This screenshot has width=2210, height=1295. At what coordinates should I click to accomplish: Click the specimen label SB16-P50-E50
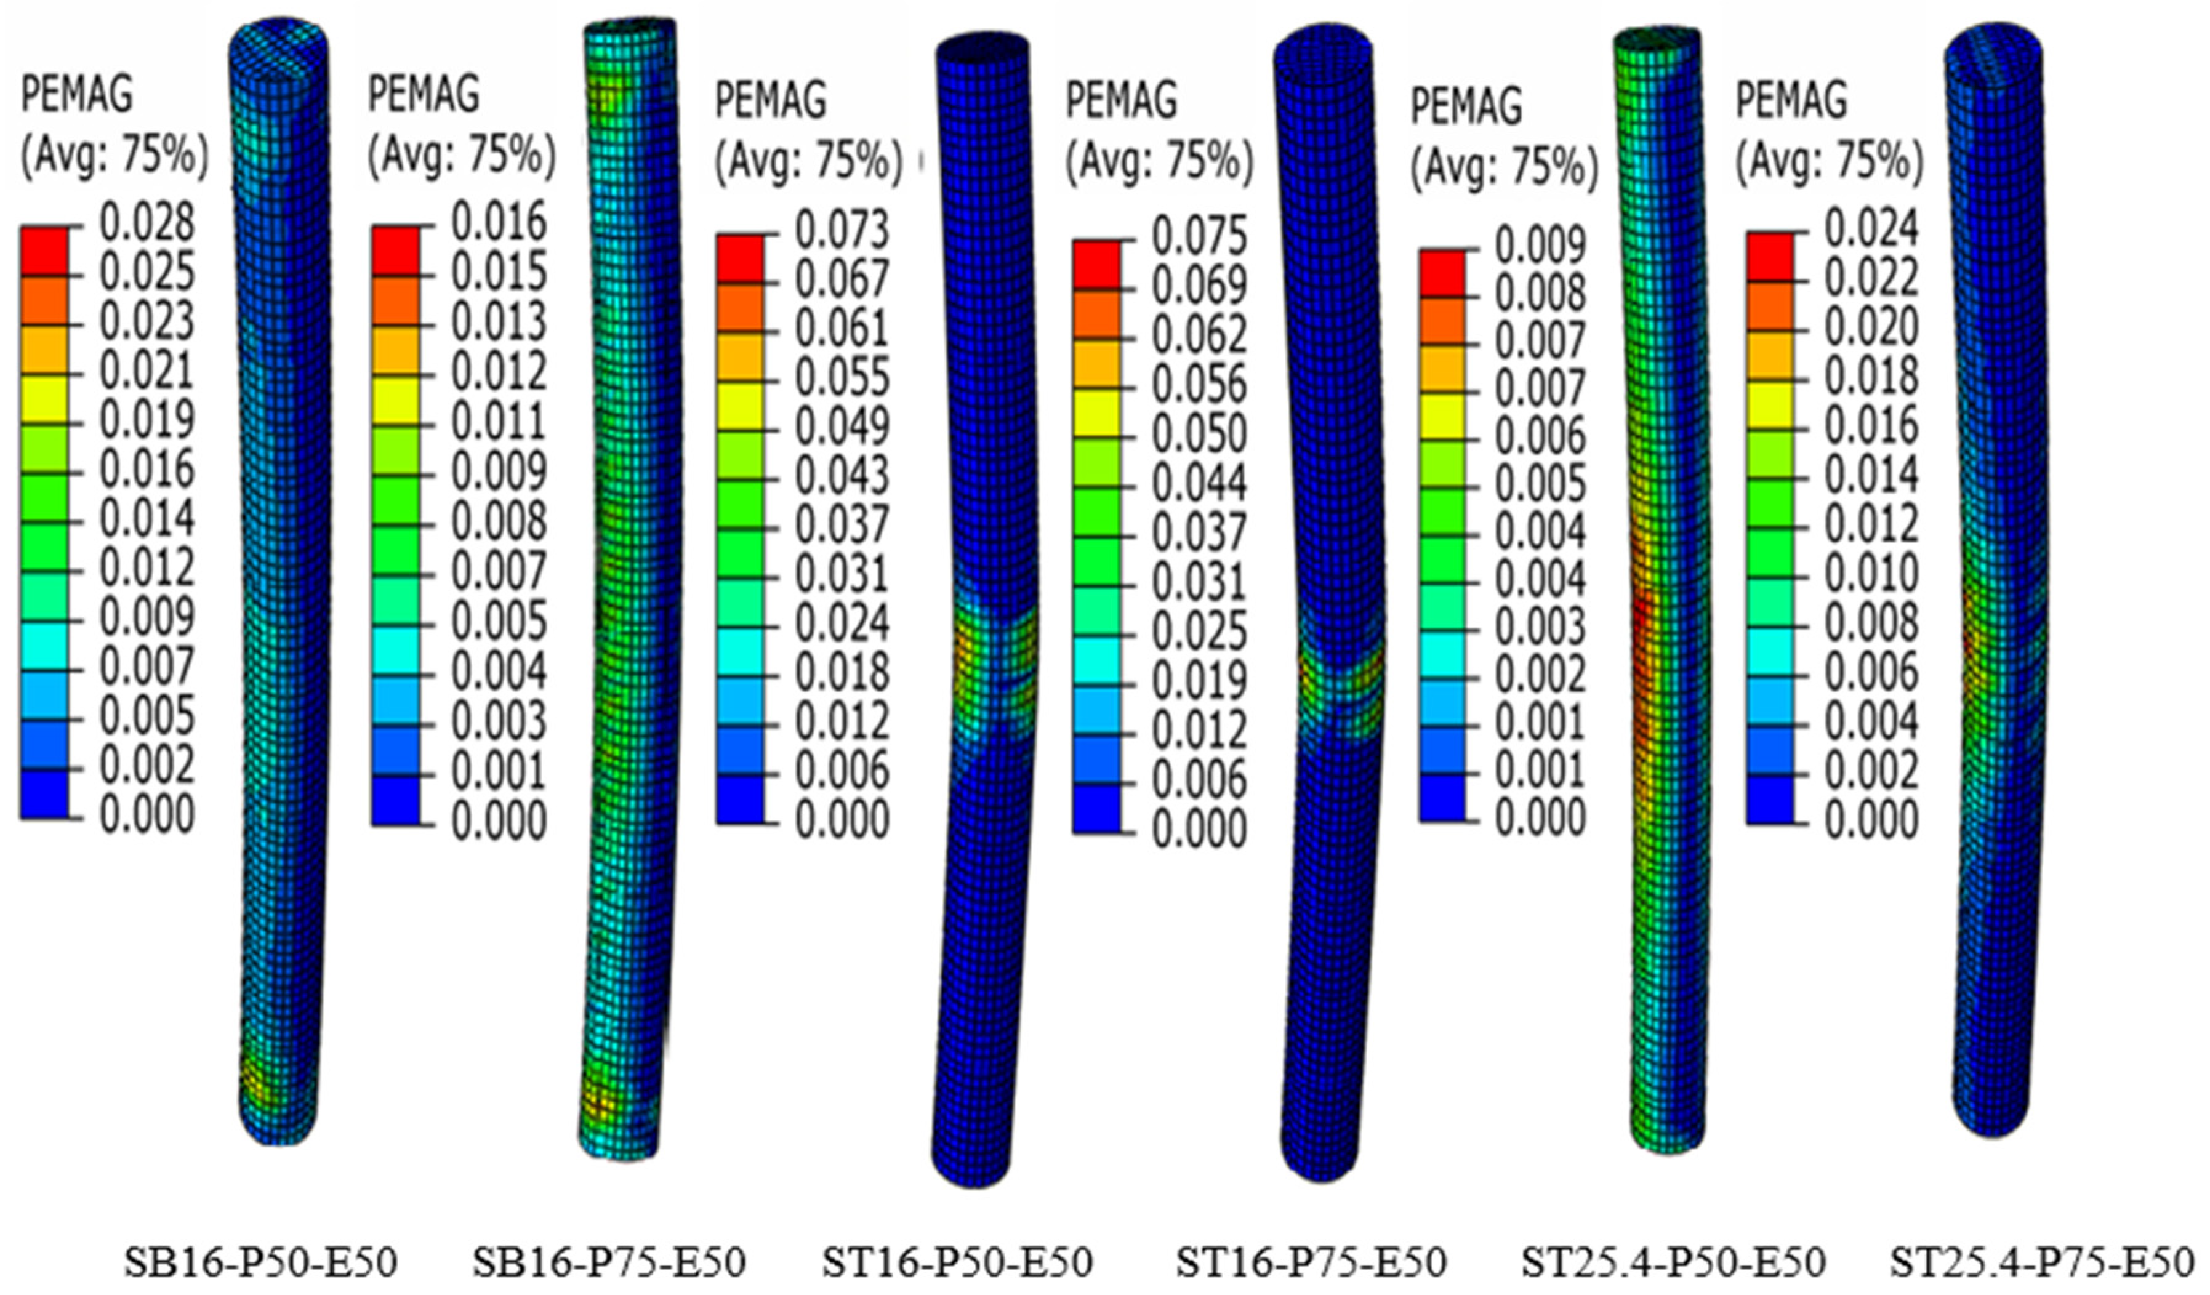point(260,1262)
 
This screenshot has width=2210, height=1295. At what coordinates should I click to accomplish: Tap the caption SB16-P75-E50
point(609,1262)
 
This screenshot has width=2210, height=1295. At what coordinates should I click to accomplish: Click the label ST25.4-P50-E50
point(1673,1262)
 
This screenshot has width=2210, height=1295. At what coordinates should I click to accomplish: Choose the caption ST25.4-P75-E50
point(2041,1262)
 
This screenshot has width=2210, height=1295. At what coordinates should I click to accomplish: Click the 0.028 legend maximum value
point(147,223)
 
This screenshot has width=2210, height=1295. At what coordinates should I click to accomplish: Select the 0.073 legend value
point(843,230)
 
